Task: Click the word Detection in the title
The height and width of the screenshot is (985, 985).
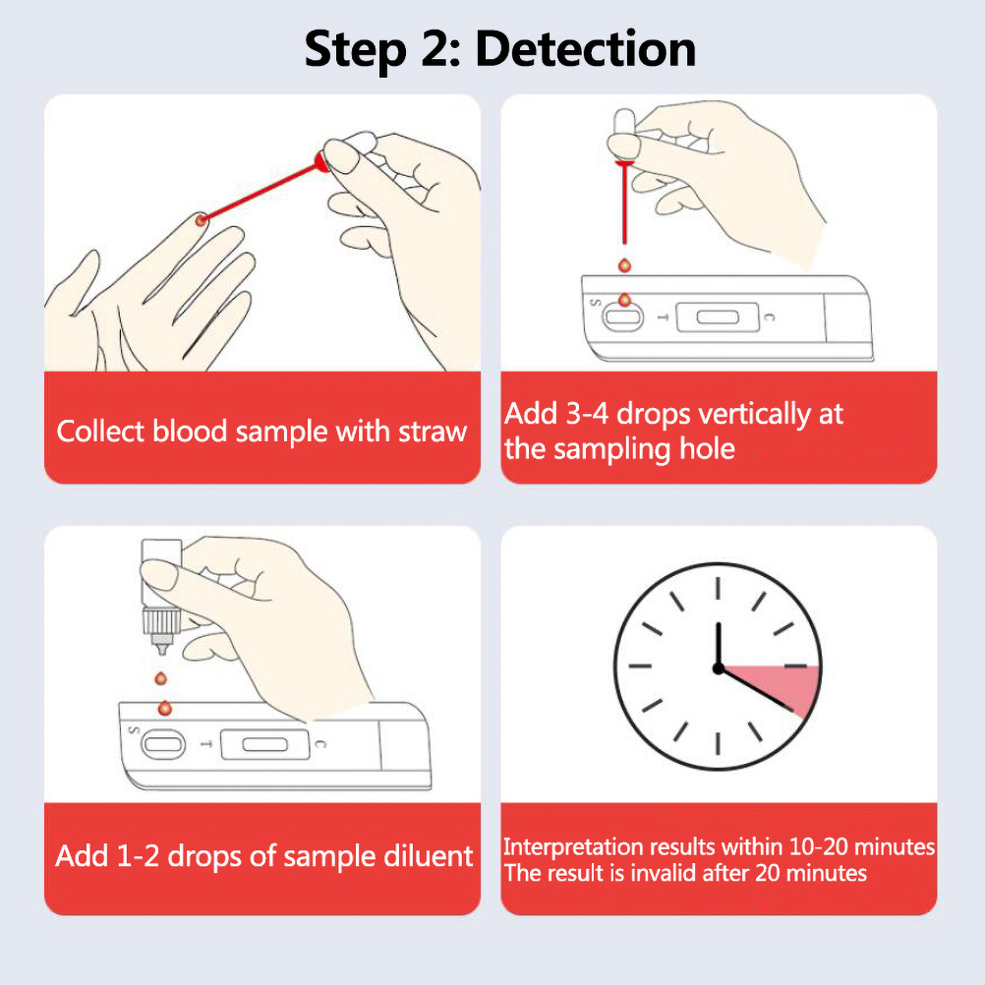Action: (586, 49)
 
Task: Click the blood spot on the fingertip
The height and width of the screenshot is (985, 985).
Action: (201, 220)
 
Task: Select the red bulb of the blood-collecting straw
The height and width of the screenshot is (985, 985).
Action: (321, 162)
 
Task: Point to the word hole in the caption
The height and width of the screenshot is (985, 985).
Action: (708, 448)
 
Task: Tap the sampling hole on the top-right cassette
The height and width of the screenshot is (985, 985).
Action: (622, 317)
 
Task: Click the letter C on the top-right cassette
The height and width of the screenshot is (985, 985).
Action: (769, 318)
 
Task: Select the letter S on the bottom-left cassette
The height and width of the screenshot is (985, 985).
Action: (133, 730)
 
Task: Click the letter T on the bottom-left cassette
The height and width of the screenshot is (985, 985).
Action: (205, 744)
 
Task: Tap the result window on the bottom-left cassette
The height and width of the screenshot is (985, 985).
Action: (265, 745)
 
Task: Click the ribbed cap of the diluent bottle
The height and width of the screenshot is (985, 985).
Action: (161, 621)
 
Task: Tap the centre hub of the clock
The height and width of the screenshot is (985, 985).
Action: (718, 668)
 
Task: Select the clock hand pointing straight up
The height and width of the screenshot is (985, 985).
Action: (718, 645)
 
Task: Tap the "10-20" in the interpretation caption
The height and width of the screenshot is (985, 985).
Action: (819, 846)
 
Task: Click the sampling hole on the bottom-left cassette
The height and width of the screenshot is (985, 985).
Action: (163, 745)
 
